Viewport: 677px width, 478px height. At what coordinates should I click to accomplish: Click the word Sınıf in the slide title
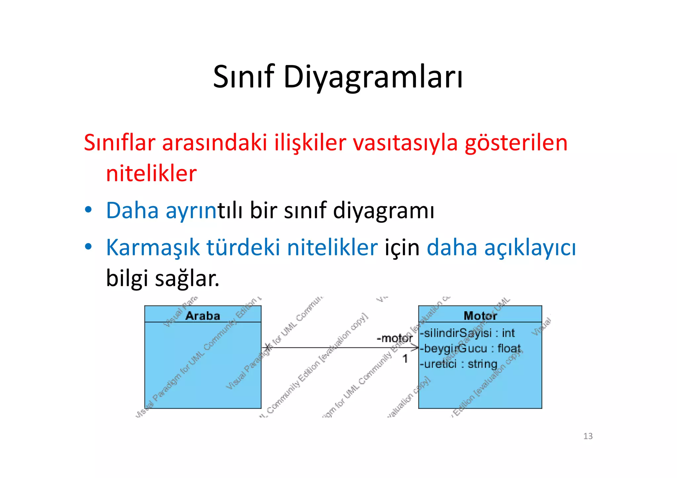pyautogui.click(x=244, y=77)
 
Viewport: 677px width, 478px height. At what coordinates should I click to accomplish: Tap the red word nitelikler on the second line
pyautogui.click(x=151, y=174)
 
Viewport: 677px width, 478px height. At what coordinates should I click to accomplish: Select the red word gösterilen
pyautogui.click(x=516, y=143)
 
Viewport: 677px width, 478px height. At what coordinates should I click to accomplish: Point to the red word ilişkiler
pyautogui.click(x=310, y=143)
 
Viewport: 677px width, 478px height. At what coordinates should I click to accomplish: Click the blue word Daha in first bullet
pyautogui.click(x=132, y=210)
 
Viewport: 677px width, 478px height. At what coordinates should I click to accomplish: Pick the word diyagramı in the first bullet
pyautogui.click(x=383, y=210)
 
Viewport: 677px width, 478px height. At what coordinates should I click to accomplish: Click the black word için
pyautogui.click(x=402, y=247)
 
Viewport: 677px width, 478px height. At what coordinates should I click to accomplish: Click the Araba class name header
pyautogui.click(x=203, y=315)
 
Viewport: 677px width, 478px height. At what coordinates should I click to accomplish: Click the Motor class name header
pyautogui.click(x=480, y=315)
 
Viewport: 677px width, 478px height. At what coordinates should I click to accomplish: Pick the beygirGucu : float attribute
pyautogui.click(x=470, y=348)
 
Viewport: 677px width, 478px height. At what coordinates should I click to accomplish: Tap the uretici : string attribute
pyautogui.click(x=459, y=364)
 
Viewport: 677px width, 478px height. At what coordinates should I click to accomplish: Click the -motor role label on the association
pyautogui.click(x=394, y=338)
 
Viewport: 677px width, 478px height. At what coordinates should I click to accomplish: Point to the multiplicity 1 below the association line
pyautogui.click(x=405, y=358)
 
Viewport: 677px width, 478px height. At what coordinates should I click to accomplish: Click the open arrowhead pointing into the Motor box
pyautogui.click(x=415, y=348)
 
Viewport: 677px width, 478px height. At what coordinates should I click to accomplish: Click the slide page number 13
pyautogui.click(x=588, y=436)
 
